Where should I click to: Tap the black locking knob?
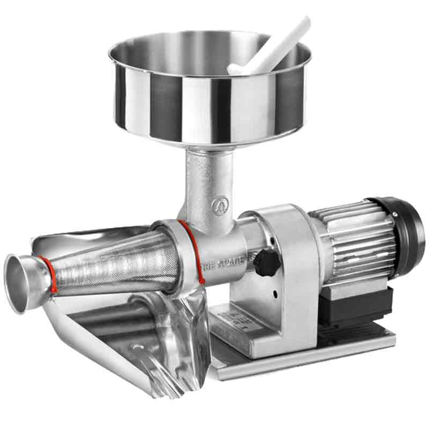[x=266, y=262]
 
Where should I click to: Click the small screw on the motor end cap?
[x=396, y=213]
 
